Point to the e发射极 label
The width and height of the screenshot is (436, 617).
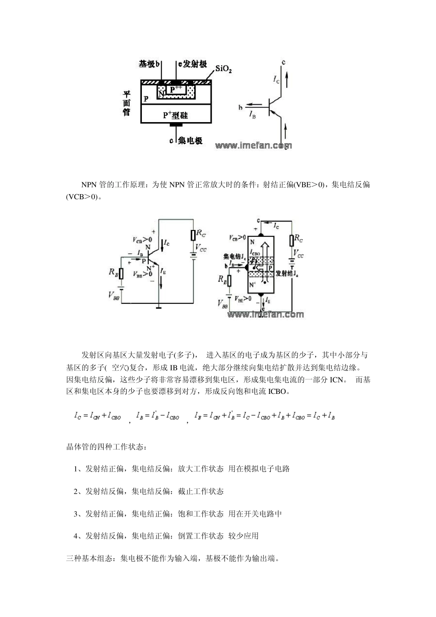(x=192, y=64)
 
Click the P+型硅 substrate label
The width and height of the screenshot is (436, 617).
(x=176, y=115)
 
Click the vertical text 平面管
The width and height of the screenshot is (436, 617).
(x=126, y=103)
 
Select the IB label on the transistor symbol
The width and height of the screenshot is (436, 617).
(x=252, y=116)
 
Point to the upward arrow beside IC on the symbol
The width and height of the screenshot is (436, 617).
(x=287, y=80)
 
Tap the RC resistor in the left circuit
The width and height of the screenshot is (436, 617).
(x=194, y=235)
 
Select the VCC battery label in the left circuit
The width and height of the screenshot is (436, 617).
(x=201, y=248)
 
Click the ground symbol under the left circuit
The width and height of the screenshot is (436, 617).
(x=159, y=308)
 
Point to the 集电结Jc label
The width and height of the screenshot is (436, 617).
(x=233, y=256)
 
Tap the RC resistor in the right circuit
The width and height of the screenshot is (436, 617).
(x=291, y=240)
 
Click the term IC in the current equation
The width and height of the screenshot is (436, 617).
(x=78, y=416)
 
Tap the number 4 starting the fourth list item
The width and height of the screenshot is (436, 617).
(x=76, y=536)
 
